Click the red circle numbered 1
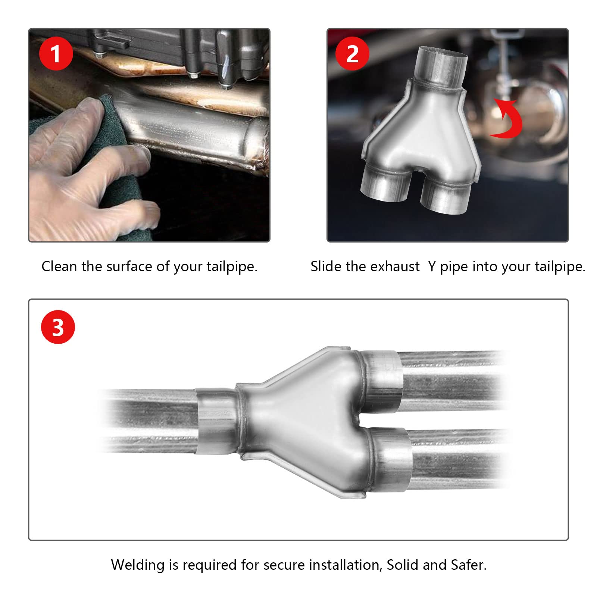[x=56, y=54]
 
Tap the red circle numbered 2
[x=352, y=54]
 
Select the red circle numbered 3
[x=58, y=327]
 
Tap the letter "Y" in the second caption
[x=432, y=266]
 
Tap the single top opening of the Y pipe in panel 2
[x=442, y=54]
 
